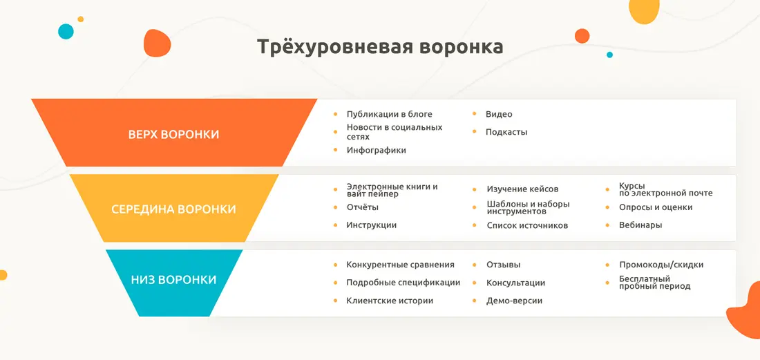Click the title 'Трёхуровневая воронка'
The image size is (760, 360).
[379, 47]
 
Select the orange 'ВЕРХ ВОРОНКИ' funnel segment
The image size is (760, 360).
[173, 133]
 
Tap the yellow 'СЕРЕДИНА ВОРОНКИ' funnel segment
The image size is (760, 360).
[173, 209]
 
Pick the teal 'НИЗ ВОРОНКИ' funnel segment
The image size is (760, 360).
[173, 283]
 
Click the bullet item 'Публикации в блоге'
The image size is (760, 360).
[389, 114]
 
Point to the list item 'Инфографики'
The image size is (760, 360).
[376, 150]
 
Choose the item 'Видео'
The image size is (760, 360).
[499, 114]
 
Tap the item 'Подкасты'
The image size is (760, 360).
[506, 132]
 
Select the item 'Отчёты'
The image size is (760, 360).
[363, 207]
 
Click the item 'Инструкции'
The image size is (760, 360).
[371, 225]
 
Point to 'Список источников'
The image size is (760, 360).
[527, 225]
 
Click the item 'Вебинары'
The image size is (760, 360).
[640, 225]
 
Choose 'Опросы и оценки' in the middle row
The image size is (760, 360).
[656, 207]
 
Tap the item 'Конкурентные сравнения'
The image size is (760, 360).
[400, 265]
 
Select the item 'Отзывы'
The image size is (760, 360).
[504, 265]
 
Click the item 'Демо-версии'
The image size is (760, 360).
[514, 301]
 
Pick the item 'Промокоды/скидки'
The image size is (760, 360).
[661, 265]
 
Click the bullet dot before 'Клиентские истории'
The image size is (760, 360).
[335, 301]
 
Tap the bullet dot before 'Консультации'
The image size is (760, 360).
[475, 283]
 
